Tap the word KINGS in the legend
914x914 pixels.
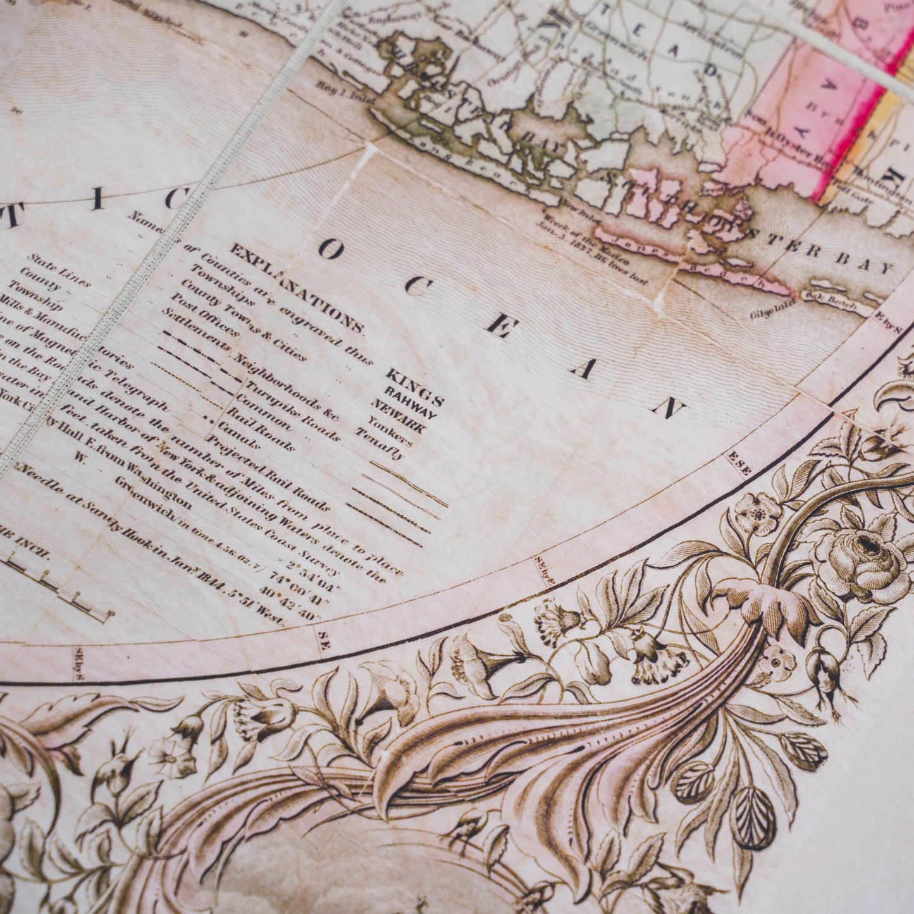414,386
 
